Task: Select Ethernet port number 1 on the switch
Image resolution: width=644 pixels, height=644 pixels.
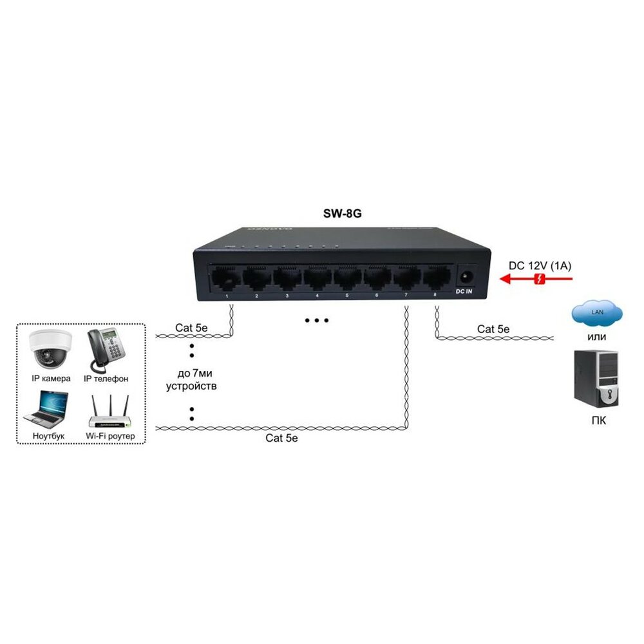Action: coord(226,278)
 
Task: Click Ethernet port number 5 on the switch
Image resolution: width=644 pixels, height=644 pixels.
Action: coord(346,278)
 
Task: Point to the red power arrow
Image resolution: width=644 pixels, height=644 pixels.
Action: coord(537,279)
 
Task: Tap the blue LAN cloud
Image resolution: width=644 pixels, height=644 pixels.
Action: coord(596,313)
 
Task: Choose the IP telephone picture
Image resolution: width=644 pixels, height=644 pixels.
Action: coord(106,350)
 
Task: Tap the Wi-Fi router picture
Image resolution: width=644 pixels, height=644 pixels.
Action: coord(109,413)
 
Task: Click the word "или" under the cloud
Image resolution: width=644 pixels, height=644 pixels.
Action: coord(596,337)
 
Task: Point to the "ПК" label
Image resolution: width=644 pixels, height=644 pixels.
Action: coord(596,422)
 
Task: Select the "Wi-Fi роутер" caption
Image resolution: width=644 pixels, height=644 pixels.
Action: coord(109,436)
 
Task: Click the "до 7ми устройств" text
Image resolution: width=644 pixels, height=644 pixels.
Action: coord(192,380)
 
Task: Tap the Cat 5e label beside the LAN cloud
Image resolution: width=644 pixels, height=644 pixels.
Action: coord(493,329)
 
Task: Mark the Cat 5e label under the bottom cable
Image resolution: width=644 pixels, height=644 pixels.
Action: coord(282,438)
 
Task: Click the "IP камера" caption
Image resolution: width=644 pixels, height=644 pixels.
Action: coord(50,379)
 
